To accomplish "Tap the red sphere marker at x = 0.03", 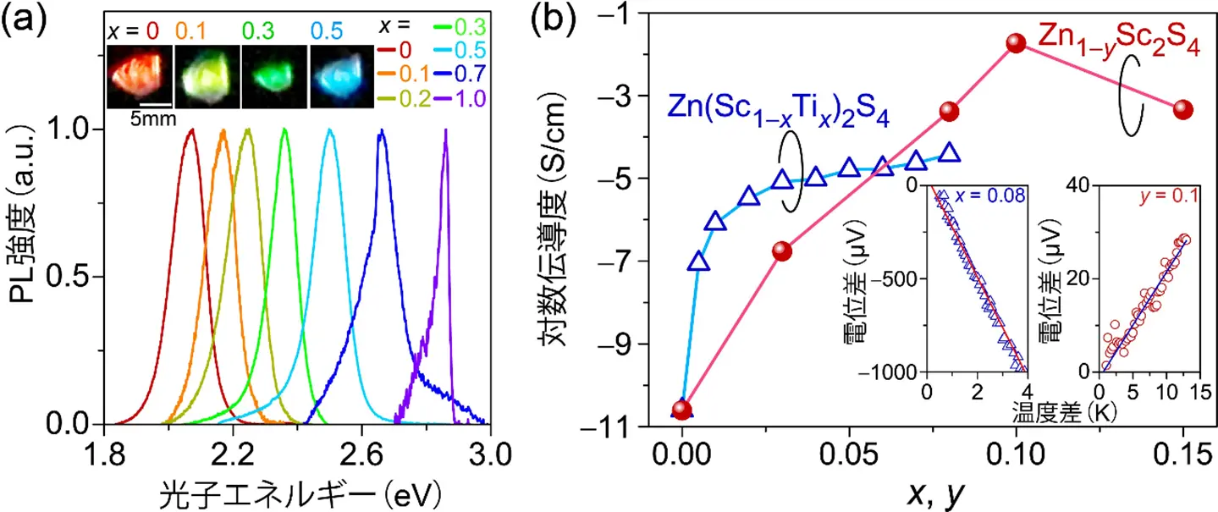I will click(782, 251).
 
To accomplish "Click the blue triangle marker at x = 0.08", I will click(950, 153).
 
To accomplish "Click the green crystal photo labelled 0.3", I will click(273, 76).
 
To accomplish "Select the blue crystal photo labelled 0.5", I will click(342, 76).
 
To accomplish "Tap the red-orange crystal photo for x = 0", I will click(140, 76).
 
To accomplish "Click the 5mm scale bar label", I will click(152, 118).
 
